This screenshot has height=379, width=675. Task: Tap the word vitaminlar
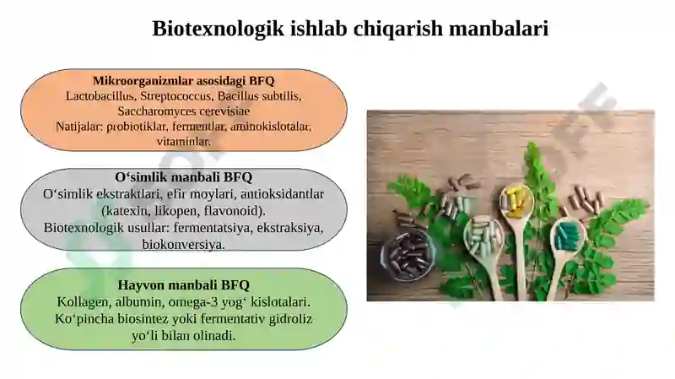[x=183, y=142]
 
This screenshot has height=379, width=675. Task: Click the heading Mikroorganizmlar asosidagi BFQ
[x=183, y=81]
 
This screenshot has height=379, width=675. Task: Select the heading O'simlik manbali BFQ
[x=183, y=178]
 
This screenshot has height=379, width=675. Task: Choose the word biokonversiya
[x=183, y=244]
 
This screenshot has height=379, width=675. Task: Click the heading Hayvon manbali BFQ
[x=183, y=285]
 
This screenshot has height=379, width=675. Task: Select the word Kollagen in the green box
[x=82, y=301]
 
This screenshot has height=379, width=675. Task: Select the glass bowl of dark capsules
[x=408, y=254]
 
